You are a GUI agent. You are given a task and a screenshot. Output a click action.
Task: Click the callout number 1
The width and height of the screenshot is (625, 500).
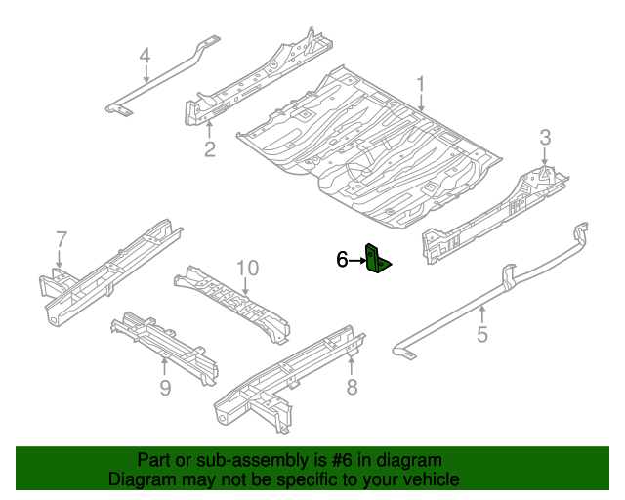pos(421,85)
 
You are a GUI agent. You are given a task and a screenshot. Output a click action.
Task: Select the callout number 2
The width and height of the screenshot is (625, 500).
pos(209,148)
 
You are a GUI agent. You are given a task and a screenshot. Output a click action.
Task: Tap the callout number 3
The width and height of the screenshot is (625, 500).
pos(546,137)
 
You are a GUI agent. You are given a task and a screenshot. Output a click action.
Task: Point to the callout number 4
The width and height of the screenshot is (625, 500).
pos(145,56)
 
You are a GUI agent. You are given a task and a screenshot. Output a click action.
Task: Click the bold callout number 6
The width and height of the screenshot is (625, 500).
pos(342,259)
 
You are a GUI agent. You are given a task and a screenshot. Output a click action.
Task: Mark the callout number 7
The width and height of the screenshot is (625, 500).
pos(61,239)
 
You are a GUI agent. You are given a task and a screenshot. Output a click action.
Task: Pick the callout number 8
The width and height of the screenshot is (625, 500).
pos(352,389)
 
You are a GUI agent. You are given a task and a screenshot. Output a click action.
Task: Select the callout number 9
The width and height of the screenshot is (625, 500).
pos(165,389)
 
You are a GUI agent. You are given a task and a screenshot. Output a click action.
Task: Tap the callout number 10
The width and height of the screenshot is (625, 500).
pos(246,268)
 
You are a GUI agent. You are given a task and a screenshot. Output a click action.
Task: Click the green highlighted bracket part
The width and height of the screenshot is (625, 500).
pos(378,259)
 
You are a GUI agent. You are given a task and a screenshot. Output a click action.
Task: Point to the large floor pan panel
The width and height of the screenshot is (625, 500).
pos(371,146)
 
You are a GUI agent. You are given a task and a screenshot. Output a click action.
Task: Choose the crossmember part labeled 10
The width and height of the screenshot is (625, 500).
pos(234,303)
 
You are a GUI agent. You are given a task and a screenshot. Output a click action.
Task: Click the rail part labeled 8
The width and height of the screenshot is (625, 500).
pos(293,376)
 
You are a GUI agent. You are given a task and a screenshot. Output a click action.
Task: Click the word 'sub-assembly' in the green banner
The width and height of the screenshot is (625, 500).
pos(233,460)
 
